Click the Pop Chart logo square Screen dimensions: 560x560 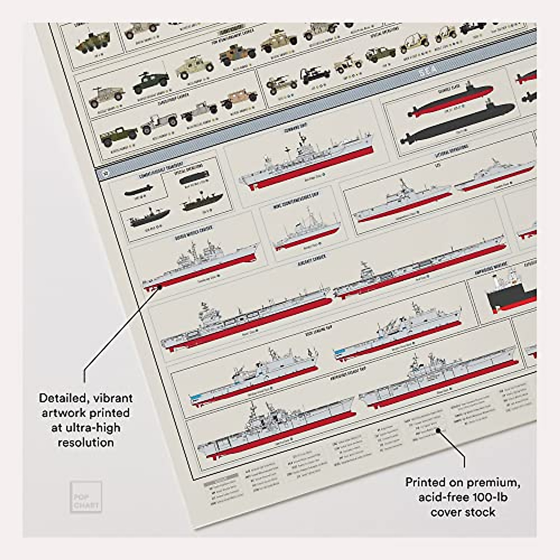click(x=85, y=497)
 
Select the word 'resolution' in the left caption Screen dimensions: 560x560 click(x=86, y=442)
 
